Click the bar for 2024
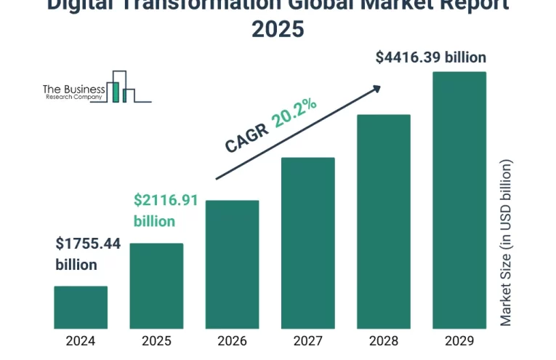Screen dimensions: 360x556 coord(81,306)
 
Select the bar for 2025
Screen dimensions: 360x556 coord(156,285)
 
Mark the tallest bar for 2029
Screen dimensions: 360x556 coord(459,199)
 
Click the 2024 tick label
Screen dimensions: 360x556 coord(81,340)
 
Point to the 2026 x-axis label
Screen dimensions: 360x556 coord(232,340)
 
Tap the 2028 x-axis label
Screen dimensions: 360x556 coord(383,340)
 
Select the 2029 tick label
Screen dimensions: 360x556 coord(459,340)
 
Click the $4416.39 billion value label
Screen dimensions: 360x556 coord(431,57)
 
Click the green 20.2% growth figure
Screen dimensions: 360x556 coord(294,113)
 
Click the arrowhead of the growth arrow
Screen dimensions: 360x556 coord(376,88)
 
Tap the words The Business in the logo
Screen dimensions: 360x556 coord(74,88)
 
